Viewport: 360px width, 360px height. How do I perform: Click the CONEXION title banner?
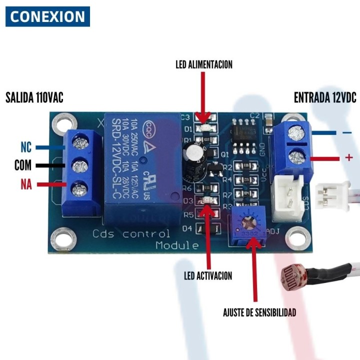click(x=47, y=16)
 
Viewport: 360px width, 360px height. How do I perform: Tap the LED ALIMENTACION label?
click(x=203, y=64)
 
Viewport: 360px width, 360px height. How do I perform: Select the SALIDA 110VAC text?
click(x=34, y=97)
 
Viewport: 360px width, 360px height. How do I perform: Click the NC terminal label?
click(x=26, y=147)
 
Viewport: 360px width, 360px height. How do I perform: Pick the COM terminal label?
click(x=23, y=165)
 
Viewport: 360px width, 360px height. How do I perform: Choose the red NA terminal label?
click(x=26, y=185)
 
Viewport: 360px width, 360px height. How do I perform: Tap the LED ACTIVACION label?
click(x=207, y=275)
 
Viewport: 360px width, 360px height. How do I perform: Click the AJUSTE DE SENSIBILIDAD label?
click(x=259, y=313)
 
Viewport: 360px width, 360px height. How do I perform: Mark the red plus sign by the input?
click(x=349, y=158)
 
